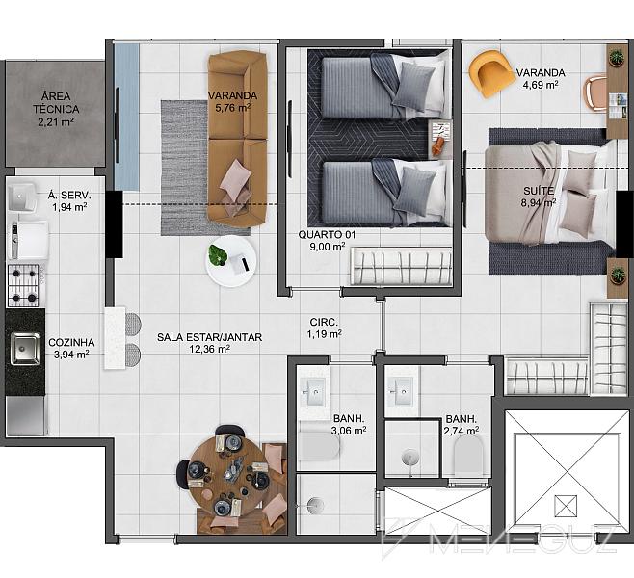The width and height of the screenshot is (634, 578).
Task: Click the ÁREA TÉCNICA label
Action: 56,103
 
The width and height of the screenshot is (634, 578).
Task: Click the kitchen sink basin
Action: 25,349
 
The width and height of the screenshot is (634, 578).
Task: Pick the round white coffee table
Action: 231,261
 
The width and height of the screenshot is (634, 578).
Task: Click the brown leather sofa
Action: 238,138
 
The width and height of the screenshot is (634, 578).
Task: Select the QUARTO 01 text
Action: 327,234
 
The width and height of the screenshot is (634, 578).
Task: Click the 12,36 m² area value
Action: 209,349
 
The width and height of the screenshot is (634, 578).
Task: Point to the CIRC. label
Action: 324,322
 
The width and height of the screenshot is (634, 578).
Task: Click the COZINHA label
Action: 71,343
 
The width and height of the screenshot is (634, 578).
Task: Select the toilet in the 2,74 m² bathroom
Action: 468,455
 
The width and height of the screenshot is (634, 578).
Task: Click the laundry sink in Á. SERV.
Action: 22,197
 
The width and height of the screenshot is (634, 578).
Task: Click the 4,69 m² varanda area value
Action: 541,85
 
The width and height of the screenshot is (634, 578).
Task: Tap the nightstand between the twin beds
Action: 440,140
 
